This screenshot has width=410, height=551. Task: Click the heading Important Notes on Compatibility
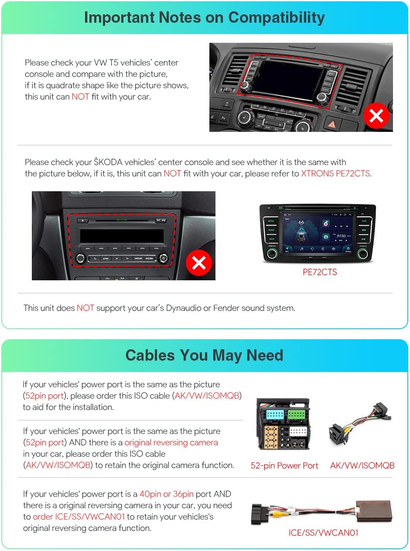(204, 17)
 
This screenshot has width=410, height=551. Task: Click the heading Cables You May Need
(204, 355)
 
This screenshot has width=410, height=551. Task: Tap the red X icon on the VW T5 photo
(376, 116)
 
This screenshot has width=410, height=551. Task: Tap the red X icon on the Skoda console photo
(199, 263)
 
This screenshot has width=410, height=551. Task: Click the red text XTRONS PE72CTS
(335, 173)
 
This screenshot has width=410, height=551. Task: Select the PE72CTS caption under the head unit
(320, 272)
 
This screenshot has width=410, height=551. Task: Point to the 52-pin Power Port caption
(284, 465)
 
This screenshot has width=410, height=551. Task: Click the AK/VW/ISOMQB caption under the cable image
(362, 465)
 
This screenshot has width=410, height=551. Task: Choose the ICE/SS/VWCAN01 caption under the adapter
(323, 533)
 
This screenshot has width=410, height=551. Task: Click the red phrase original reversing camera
(171, 442)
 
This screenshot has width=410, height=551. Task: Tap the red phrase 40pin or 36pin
(166, 494)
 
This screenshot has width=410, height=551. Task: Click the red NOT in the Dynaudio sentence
(85, 308)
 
